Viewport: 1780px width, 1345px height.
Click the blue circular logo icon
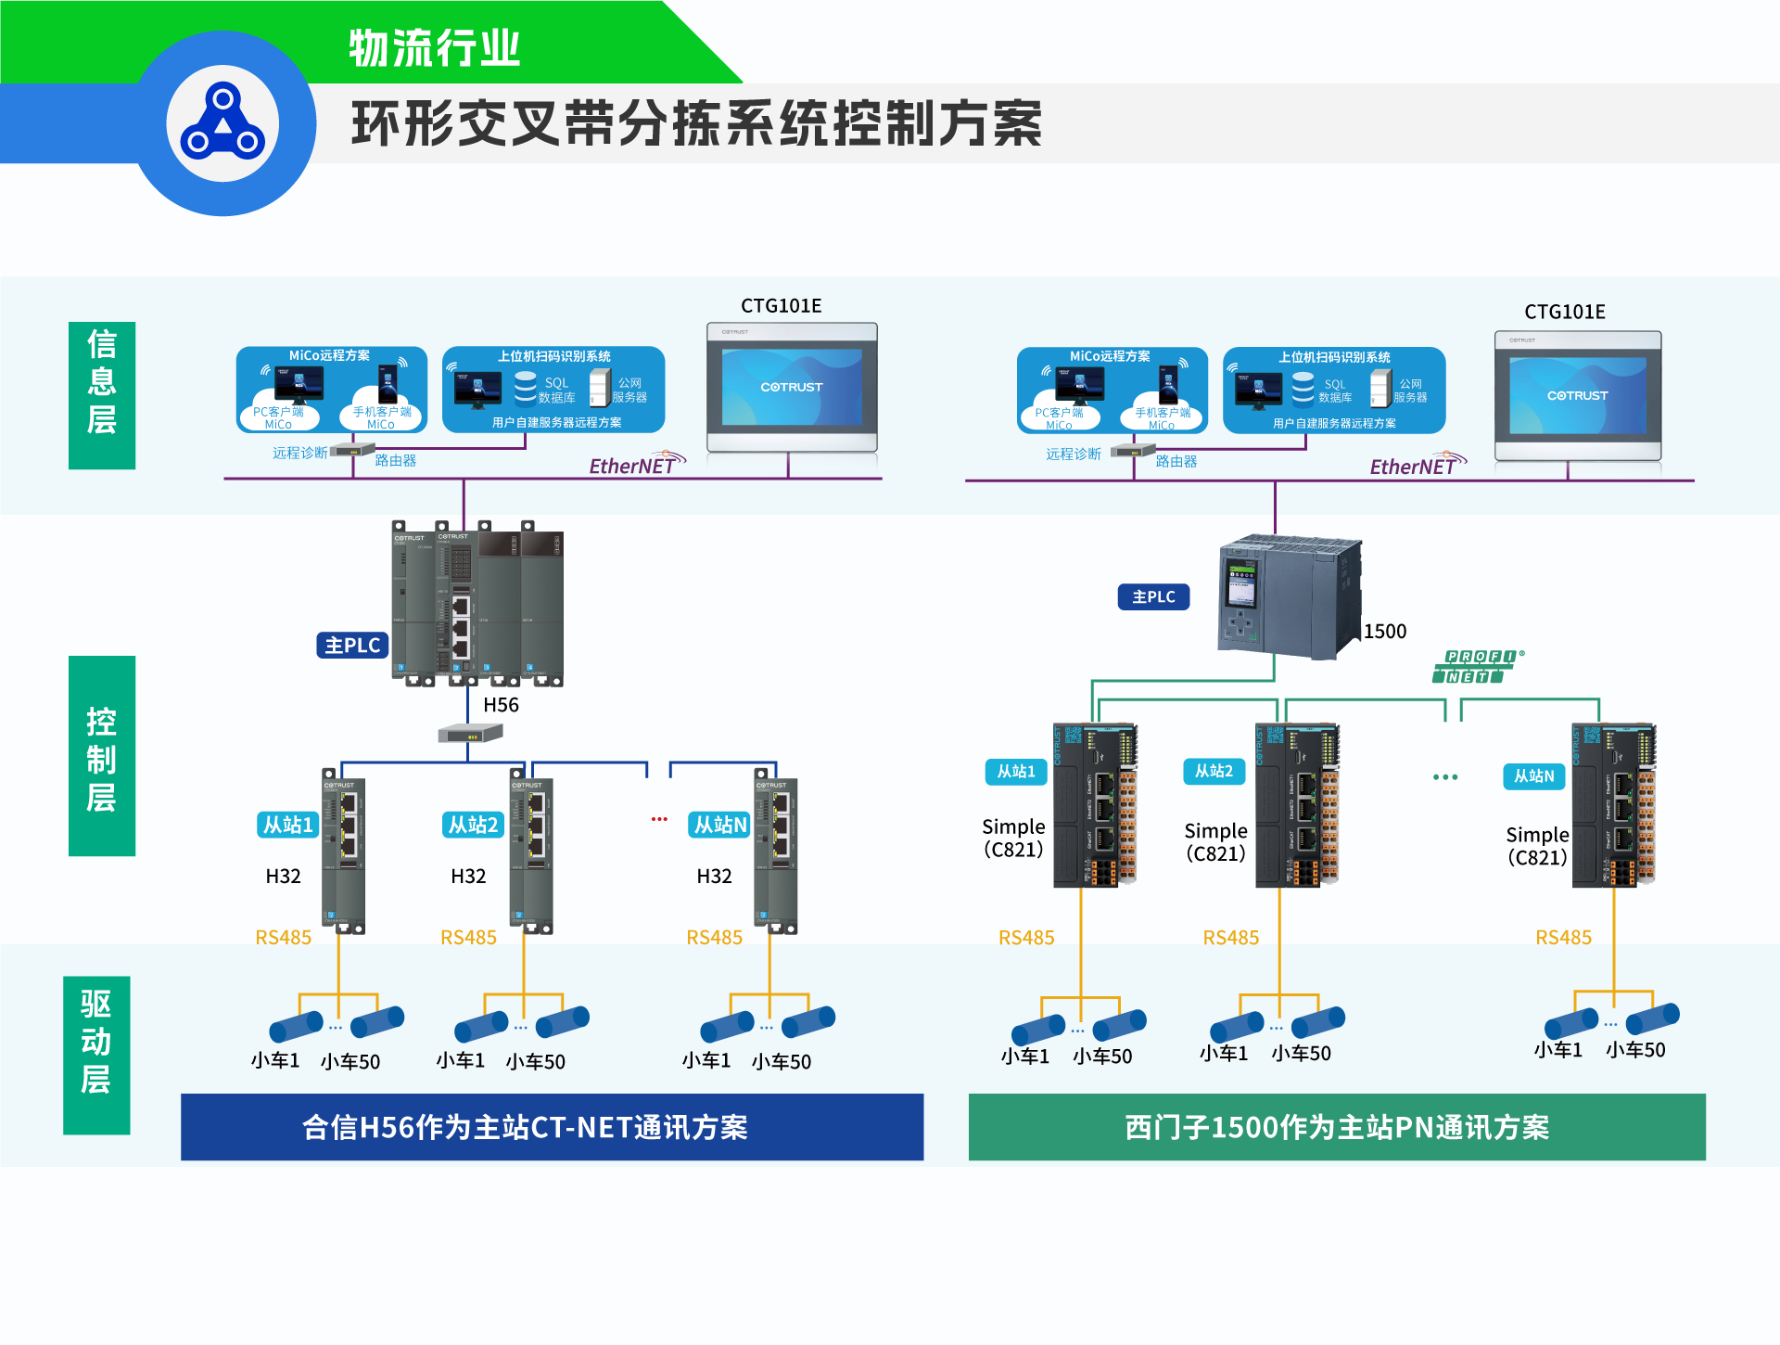[222, 123]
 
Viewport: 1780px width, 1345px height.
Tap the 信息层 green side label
[102, 395]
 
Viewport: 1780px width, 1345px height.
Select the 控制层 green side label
[102, 756]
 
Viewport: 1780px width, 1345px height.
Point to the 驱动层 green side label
[96, 1055]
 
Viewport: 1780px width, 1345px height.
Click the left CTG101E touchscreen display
[792, 388]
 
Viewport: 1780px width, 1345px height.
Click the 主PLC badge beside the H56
[352, 645]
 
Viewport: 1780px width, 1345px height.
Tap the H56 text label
[501, 705]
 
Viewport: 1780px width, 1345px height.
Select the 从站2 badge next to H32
[473, 825]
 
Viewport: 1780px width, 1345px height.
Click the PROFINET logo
[1477, 666]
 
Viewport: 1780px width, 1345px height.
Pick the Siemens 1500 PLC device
[1289, 597]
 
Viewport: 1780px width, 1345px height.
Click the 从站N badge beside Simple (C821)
[1533, 776]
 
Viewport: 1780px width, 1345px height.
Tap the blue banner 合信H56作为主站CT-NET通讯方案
[552, 1127]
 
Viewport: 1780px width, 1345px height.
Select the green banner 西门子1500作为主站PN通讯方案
[1337, 1127]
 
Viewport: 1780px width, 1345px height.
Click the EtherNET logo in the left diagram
[636, 465]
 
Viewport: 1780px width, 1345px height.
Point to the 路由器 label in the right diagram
[1176, 461]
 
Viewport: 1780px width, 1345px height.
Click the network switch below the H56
[470, 734]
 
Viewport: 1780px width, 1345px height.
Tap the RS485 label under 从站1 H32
[283, 937]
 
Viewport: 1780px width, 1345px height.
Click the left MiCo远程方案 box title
[329, 355]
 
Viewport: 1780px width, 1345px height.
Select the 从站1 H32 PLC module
[343, 852]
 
